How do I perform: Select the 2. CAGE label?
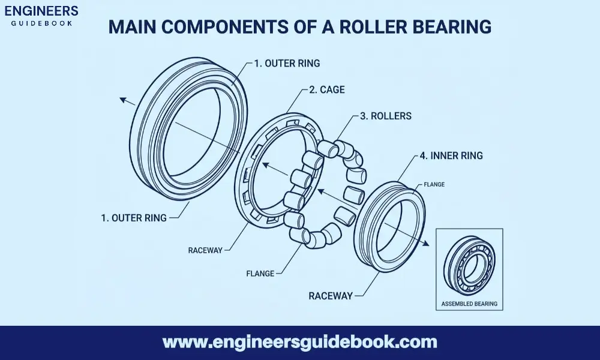pyautogui.click(x=326, y=90)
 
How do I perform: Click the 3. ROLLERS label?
pyautogui.click(x=385, y=116)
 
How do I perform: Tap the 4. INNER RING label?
pyautogui.click(x=451, y=156)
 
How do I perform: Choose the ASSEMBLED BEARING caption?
pyautogui.click(x=469, y=304)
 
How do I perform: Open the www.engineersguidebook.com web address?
pyautogui.click(x=300, y=343)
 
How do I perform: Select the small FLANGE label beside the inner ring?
pyautogui.click(x=434, y=184)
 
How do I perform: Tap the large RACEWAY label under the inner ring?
pyautogui.click(x=331, y=296)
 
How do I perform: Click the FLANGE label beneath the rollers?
pyautogui.click(x=260, y=274)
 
